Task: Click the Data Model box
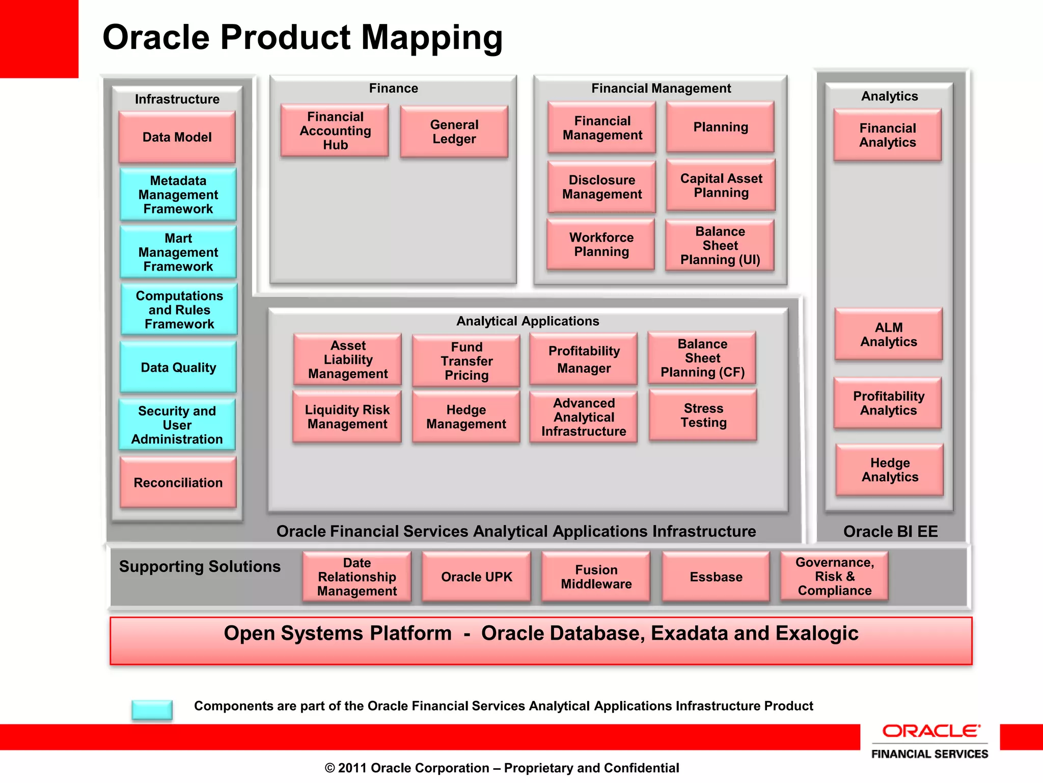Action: [x=177, y=137]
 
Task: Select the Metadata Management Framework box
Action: [x=178, y=195]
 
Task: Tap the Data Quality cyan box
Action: [x=178, y=367]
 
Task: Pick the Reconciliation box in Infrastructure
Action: [x=178, y=482]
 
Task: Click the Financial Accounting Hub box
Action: [x=335, y=131]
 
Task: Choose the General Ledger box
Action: [x=454, y=132]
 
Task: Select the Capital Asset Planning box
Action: [x=721, y=185]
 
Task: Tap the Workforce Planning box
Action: [x=601, y=244]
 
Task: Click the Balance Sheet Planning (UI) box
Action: [x=720, y=245]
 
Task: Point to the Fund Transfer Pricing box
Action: [x=466, y=361]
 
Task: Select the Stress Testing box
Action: [x=703, y=415]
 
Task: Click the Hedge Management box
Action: [x=466, y=416]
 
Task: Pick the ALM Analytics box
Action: [x=888, y=334]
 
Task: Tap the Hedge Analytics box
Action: [x=889, y=469]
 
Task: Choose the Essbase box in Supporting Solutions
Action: [x=716, y=577]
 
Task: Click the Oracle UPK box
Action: [x=476, y=577]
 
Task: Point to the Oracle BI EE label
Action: [x=890, y=531]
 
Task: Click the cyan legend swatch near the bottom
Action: [x=152, y=709]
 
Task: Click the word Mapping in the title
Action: [x=431, y=38]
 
